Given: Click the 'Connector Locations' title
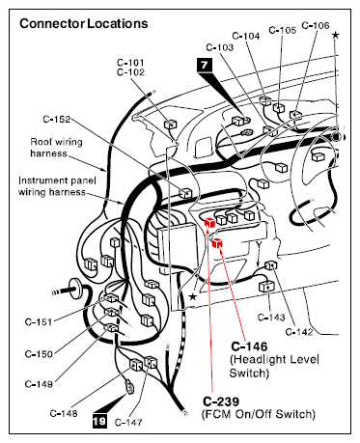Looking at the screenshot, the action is tap(84, 24).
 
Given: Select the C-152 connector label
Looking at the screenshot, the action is tap(57, 120).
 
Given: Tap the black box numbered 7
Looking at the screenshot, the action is tap(205, 65).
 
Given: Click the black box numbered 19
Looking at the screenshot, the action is tap(99, 421).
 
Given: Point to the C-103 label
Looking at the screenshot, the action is tap(220, 47).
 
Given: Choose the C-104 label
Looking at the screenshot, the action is tap(246, 36).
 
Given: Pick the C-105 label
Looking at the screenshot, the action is tap(282, 30).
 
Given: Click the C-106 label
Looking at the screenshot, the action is tap(316, 25).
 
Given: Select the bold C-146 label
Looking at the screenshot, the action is tap(249, 346).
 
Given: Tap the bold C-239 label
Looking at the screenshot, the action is tap(221, 401).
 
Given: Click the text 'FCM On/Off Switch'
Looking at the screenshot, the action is tap(259, 414).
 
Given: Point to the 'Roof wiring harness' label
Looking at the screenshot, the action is tap(56, 148).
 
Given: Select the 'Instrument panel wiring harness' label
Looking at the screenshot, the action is tap(57, 186).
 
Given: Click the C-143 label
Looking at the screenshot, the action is tap(271, 318).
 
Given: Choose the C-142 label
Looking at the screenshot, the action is tap(299, 332).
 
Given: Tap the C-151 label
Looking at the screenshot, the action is tap(39, 321).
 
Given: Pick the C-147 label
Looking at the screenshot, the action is tap(128, 422).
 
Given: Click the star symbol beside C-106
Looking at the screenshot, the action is tap(335, 35).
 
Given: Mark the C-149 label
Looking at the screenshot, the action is tap(39, 384).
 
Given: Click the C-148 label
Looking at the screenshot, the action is tap(64, 413).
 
